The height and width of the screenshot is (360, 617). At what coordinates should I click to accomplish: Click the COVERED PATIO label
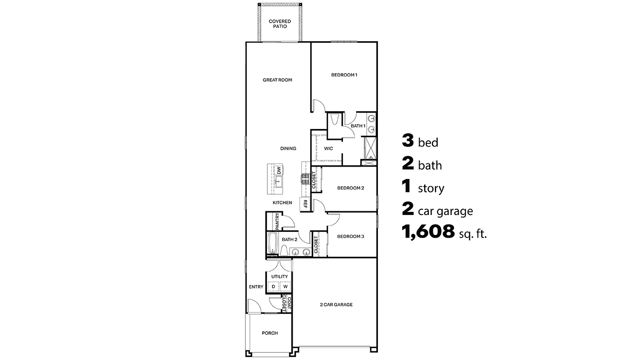click(x=280, y=24)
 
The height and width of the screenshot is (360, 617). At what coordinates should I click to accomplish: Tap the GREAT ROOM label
click(x=277, y=80)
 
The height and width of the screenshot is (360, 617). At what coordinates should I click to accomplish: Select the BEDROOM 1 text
click(x=344, y=75)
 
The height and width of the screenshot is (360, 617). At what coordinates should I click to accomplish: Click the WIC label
click(x=329, y=149)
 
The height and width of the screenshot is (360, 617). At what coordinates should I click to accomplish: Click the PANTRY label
click(x=277, y=221)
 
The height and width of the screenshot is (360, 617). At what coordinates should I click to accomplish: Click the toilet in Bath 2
click(x=283, y=250)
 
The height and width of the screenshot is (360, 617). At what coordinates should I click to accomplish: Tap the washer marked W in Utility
click(x=285, y=286)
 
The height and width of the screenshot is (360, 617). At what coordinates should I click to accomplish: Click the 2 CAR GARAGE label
click(x=336, y=304)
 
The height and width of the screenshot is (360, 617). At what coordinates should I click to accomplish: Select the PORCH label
click(x=269, y=333)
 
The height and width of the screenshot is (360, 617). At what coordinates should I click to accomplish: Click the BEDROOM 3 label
click(x=351, y=237)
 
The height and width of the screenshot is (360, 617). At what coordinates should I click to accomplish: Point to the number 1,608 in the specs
click(x=429, y=233)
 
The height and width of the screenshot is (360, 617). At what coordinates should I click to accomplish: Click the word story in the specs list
click(x=431, y=189)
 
